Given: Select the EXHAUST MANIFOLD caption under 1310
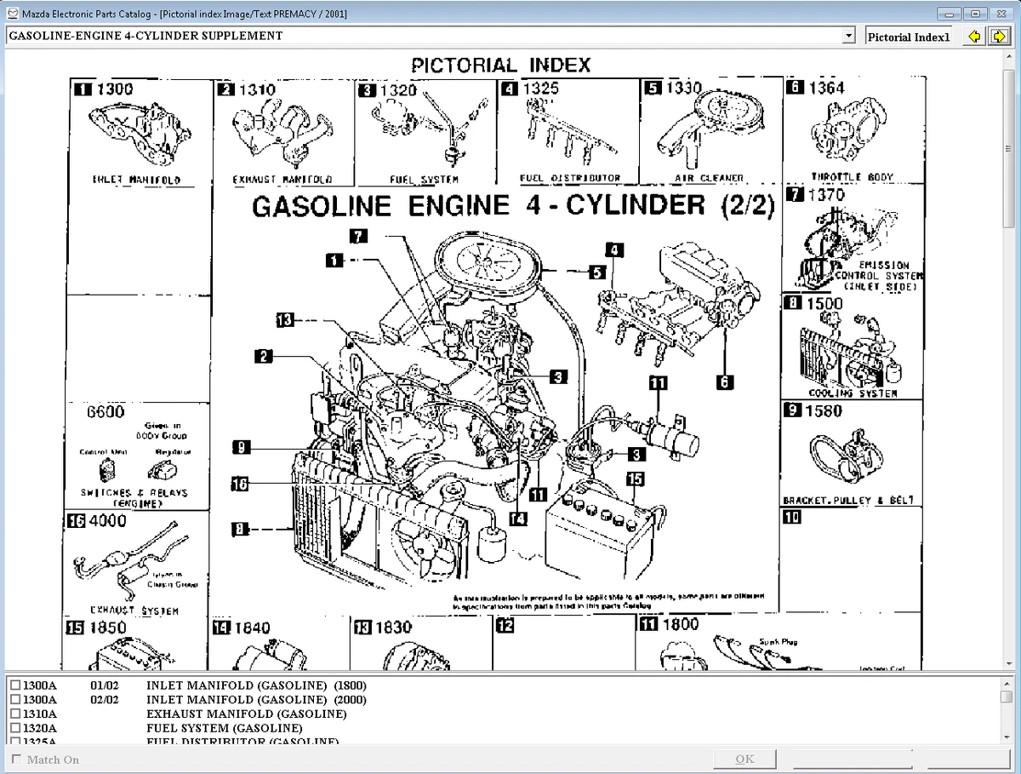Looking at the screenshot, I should (x=282, y=180).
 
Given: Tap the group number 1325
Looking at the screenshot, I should (x=540, y=89).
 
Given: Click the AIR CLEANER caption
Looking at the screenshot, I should (x=709, y=179).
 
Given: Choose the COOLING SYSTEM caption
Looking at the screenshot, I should (x=853, y=393).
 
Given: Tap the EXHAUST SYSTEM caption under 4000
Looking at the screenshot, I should (x=134, y=611).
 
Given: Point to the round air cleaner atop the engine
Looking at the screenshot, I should (x=488, y=264).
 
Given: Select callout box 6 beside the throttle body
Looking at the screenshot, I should (x=724, y=382).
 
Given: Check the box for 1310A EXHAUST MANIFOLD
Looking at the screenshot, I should (x=15, y=714).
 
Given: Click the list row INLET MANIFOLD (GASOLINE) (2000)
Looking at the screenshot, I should (x=256, y=700).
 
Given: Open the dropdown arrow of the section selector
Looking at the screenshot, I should (x=848, y=36).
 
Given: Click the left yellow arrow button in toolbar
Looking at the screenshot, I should (x=975, y=36).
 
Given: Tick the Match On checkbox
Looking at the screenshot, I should (x=15, y=760).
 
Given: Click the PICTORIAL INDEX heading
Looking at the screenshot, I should (x=500, y=65).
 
